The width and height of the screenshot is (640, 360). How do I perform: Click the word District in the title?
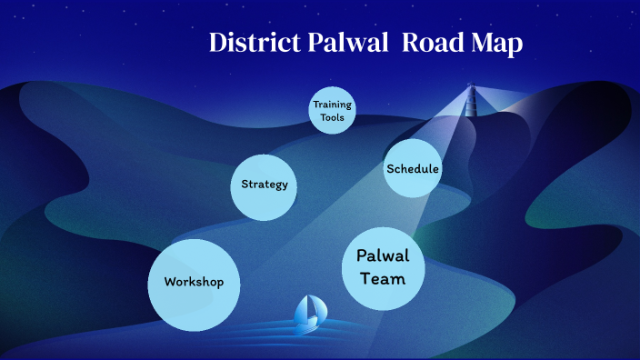click(x=251, y=43)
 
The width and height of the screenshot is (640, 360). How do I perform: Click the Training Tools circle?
click(x=332, y=111)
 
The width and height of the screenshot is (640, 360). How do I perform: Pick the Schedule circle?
click(x=413, y=169)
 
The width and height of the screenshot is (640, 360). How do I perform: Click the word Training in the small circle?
click(x=332, y=105)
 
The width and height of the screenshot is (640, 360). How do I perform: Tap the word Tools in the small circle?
click(x=332, y=118)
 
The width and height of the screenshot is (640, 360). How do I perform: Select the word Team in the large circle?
click(x=383, y=279)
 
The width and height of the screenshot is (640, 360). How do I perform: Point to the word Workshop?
click(x=194, y=282)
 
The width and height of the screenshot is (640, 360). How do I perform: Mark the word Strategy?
click(x=265, y=185)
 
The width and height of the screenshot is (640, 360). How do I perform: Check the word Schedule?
click(x=413, y=169)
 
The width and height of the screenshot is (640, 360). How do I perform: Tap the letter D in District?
click(x=218, y=43)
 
